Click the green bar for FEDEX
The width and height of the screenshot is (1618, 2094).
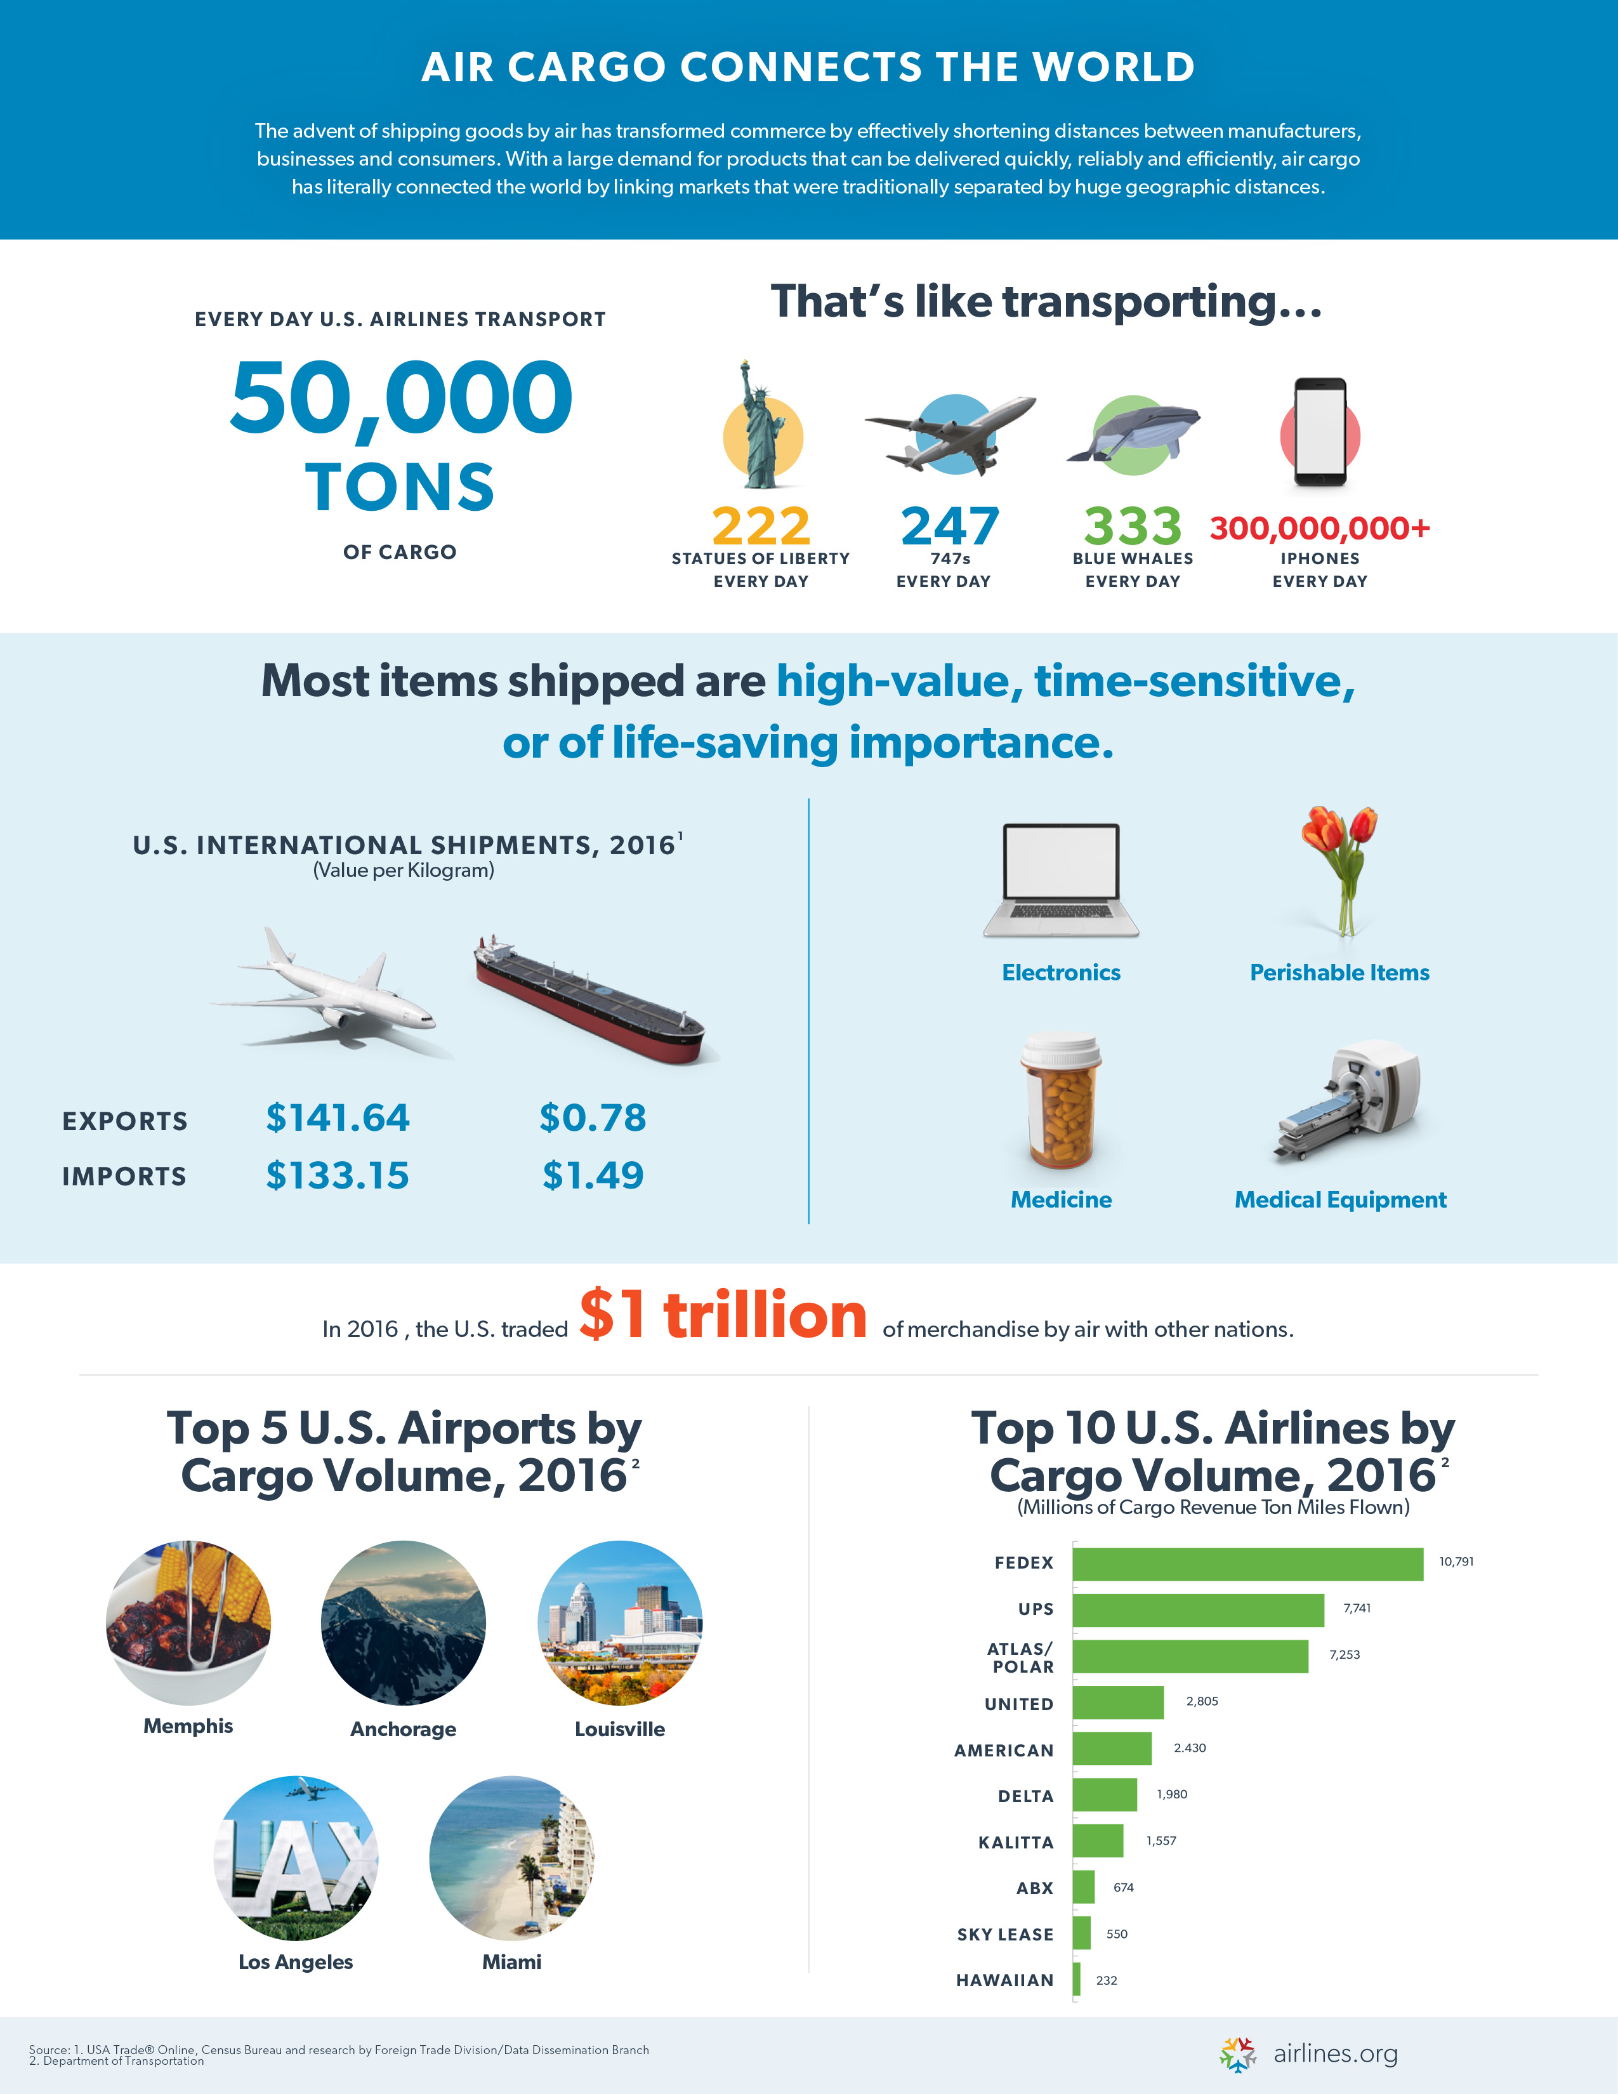pos(1246,1564)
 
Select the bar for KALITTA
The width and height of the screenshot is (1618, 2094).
pos(1098,1841)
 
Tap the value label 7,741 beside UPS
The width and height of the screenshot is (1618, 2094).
pos(1357,1608)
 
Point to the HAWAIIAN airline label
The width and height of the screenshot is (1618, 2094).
pos(1004,1980)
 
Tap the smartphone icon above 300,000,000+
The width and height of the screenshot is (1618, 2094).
pos(1320,431)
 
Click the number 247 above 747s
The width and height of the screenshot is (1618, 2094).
pos(949,527)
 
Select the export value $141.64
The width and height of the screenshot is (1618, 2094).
pos(338,1118)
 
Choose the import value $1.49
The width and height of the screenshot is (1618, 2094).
pos(593,1175)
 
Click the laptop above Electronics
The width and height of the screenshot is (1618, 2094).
pos(1061,879)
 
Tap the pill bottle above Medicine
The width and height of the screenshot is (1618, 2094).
pos(1061,1101)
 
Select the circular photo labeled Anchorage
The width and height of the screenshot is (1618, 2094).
pos(404,1623)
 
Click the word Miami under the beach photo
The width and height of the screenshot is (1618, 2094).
pos(511,1961)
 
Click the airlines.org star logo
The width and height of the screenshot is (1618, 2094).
pos(1237,2054)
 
